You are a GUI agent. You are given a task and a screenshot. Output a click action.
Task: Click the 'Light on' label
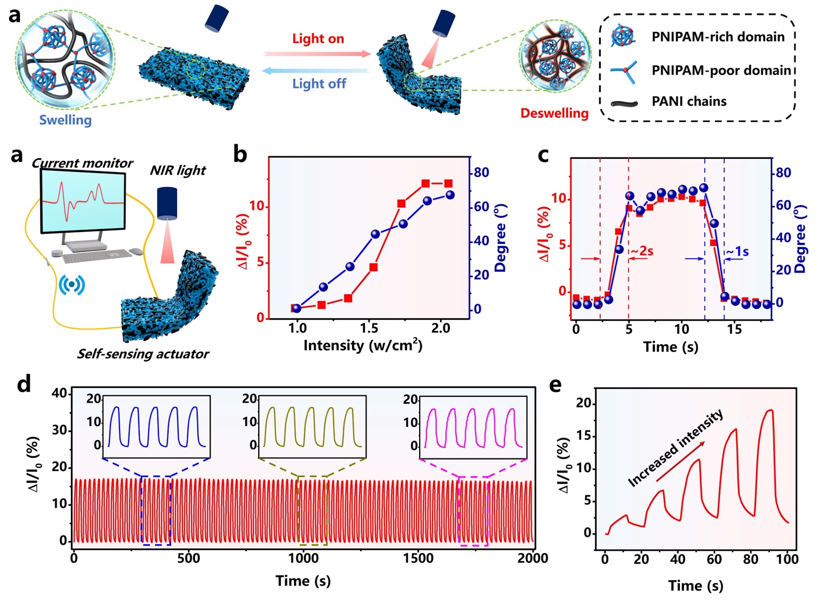(x=318, y=39)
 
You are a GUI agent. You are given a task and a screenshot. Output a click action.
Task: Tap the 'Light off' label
(x=319, y=84)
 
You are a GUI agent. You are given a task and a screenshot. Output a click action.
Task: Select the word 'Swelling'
(x=65, y=120)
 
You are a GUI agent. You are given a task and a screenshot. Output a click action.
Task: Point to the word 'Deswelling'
(x=554, y=113)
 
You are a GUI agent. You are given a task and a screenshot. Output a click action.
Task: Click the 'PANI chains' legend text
(x=689, y=101)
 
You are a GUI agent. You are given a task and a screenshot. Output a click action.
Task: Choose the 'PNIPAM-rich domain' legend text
(x=718, y=37)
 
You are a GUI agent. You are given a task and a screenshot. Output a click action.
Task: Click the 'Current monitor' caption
(x=82, y=163)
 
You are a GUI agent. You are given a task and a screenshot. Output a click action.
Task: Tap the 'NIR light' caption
(x=178, y=170)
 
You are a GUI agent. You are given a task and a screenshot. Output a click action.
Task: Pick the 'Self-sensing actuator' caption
(x=143, y=354)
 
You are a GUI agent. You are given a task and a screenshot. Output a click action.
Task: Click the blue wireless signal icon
(x=71, y=284)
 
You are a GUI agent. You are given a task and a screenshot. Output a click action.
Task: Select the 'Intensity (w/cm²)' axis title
(x=363, y=346)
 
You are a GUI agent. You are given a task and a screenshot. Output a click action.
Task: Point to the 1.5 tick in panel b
(x=369, y=328)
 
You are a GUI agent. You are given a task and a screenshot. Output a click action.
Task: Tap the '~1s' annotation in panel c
(x=737, y=251)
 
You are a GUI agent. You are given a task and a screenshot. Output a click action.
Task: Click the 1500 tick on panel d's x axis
(x=418, y=558)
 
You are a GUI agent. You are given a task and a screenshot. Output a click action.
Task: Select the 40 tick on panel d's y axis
(x=59, y=394)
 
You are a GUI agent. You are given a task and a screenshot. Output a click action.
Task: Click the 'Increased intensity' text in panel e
(x=676, y=448)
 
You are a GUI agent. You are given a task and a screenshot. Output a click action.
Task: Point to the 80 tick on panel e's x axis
(x=750, y=559)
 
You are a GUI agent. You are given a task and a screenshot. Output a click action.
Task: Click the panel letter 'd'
(x=23, y=384)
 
